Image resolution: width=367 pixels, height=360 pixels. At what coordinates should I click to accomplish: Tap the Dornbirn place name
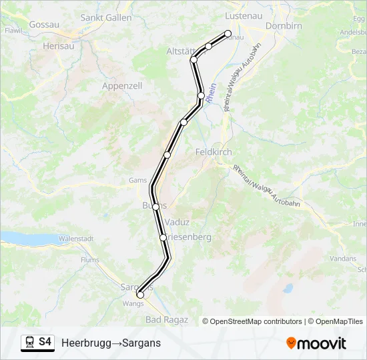[x=284, y=26]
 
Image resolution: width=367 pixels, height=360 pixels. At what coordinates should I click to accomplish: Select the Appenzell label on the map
[x=122, y=86]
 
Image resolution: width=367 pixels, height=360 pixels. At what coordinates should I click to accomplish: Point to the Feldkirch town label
[x=214, y=152]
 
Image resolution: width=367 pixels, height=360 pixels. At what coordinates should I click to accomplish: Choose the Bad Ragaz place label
[x=166, y=320]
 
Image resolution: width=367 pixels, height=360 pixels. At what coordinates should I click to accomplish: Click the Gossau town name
[x=45, y=25]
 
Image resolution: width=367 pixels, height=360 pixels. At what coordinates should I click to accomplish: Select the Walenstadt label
[x=74, y=238]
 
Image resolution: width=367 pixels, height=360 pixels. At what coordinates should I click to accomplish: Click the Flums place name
[x=89, y=260]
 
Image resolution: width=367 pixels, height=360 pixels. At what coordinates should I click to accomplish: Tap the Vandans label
[x=343, y=258]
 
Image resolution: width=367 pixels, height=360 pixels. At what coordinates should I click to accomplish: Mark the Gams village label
[x=137, y=180]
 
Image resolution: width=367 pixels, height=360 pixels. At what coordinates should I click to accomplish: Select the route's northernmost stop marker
[x=228, y=33]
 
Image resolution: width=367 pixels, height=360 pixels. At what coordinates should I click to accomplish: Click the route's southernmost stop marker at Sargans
[x=140, y=295]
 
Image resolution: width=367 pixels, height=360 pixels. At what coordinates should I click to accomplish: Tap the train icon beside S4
[x=29, y=343]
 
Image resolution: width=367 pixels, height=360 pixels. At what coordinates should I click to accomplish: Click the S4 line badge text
[x=45, y=342]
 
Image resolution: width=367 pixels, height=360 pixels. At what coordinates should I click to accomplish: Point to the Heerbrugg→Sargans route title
[x=111, y=343]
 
